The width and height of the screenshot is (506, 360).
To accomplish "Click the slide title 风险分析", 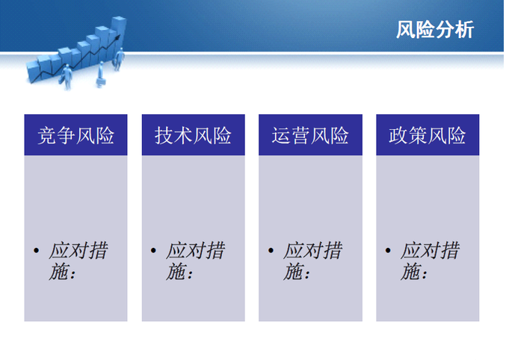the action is (x=435, y=30).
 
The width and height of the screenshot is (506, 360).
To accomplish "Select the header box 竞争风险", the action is (x=75, y=135).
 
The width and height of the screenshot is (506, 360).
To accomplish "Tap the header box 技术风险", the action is (x=194, y=135).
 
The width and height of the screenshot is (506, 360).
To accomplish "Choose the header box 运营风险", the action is (x=310, y=135).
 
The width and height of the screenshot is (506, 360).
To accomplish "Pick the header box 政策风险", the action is (x=428, y=135).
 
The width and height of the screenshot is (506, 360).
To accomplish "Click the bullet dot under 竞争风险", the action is (x=36, y=250).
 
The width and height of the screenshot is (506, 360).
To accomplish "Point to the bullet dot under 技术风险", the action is (x=153, y=250).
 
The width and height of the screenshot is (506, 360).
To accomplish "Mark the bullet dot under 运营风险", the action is (x=271, y=250).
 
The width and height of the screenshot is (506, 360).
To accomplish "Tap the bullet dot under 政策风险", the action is (x=388, y=250).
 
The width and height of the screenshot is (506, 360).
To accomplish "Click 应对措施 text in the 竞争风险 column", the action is (x=78, y=261).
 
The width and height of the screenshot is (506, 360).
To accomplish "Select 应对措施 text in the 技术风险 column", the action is (x=195, y=261).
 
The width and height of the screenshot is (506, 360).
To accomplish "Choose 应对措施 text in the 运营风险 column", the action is (x=312, y=261).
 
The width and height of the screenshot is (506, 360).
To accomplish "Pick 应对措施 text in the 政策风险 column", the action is (x=430, y=261).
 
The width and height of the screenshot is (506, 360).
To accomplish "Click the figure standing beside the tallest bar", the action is (x=118, y=59).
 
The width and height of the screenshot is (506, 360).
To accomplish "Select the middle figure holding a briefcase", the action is (x=101, y=75).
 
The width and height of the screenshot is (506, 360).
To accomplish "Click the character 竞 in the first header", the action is (x=47, y=135).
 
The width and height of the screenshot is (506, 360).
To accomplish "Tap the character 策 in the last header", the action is (x=418, y=135).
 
